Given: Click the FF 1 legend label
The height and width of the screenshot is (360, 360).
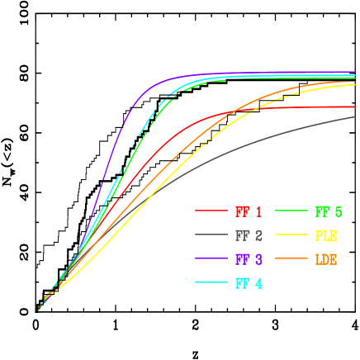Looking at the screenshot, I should click(249, 211).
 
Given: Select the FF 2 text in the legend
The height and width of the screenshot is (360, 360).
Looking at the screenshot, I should click(249, 235).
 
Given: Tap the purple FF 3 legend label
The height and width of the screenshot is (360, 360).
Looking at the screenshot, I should click(249, 259).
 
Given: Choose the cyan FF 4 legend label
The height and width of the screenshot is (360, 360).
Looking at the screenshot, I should click(249, 283).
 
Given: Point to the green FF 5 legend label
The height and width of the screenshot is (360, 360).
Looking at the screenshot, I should click(328, 211).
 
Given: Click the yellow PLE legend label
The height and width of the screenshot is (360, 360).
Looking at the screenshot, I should click(326, 235).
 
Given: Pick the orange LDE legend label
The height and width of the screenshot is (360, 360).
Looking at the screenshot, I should click(326, 259).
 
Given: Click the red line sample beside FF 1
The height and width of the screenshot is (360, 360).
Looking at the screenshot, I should click(211, 211).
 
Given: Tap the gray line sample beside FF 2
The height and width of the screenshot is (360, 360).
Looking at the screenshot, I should click(211, 235).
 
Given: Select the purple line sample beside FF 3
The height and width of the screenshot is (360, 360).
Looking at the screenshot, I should click(211, 259).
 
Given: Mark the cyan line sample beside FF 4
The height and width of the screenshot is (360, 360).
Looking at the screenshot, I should click(211, 283).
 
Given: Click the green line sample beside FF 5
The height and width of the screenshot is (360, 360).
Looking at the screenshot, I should click(290, 211).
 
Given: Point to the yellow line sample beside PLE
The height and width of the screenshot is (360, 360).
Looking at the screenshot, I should click(290, 235).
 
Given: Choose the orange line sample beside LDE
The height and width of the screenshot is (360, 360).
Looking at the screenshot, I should click(290, 259).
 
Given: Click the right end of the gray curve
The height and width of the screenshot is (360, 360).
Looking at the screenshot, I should click(354, 116).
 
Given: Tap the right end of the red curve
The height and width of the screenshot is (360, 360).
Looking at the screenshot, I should click(354, 107).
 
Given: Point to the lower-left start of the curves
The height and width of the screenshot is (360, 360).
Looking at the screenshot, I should click(40, 308).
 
